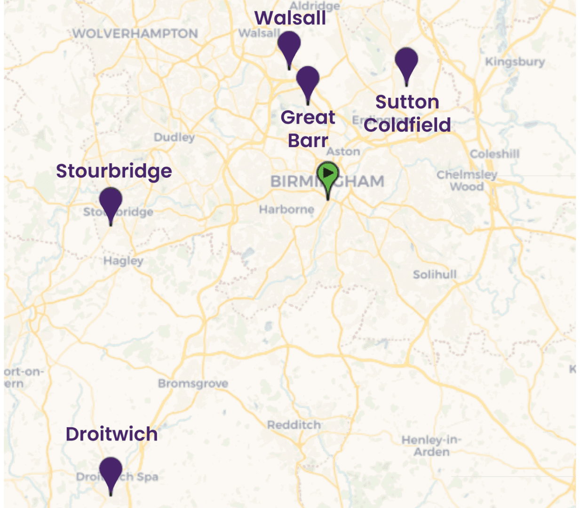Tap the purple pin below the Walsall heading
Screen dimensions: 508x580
tap(289, 45)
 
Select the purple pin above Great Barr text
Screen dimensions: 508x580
tap(308, 79)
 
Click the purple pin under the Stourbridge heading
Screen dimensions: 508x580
tap(111, 201)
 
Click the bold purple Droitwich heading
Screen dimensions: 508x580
tap(111, 434)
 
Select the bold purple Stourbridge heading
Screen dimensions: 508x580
tap(114, 171)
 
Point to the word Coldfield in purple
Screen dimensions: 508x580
tap(407, 125)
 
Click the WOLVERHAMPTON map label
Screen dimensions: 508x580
tap(135, 34)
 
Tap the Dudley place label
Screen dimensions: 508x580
tap(174, 137)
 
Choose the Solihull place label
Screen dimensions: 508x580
tap(435, 274)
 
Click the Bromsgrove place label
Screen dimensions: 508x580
tap(193, 383)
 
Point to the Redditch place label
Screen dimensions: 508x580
tap(294, 425)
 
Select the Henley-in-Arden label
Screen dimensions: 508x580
tap(431, 446)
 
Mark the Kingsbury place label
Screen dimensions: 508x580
tap(515, 62)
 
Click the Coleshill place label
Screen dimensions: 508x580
tap(494, 154)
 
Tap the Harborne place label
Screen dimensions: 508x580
tap(286, 209)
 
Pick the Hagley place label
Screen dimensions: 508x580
tap(123, 261)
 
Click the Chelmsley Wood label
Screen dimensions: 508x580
tap(467, 181)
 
